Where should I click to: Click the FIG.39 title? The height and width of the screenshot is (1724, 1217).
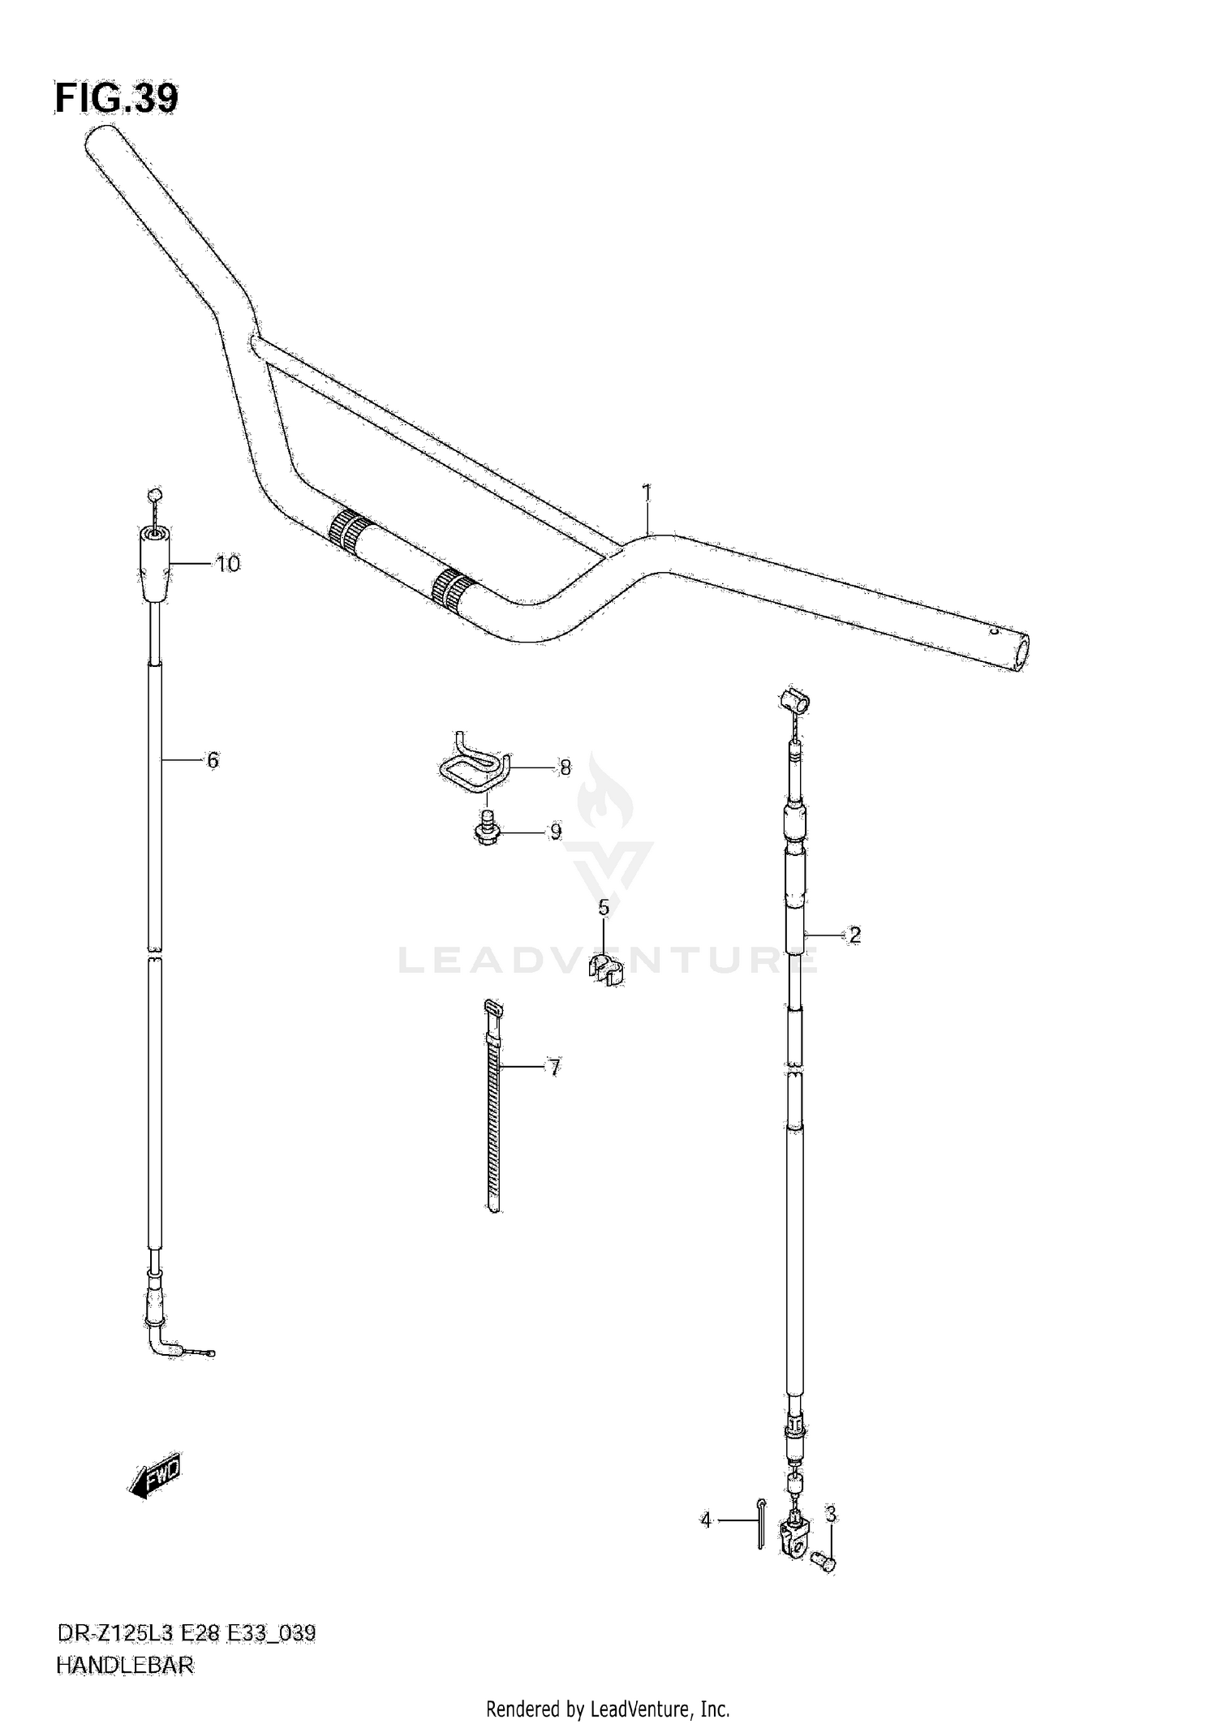click(116, 99)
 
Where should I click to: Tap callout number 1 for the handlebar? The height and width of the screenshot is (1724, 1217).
click(647, 492)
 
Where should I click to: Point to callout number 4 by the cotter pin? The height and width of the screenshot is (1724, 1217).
click(604, 908)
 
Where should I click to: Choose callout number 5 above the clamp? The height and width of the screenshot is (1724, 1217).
click(213, 760)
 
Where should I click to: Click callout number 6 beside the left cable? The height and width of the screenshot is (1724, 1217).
click(554, 1068)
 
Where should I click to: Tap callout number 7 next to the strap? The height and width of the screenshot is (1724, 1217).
click(565, 767)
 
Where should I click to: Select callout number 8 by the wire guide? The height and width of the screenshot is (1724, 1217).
click(556, 832)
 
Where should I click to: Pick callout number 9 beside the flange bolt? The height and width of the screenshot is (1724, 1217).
click(228, 564)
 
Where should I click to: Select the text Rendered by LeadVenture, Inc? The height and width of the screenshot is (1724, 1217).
click(608, 1708)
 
